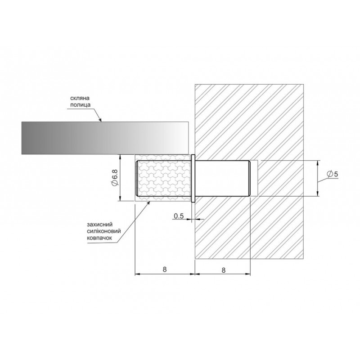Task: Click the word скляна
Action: point(80,98)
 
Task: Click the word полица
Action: point(81,105)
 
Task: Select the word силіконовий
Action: point(104,231)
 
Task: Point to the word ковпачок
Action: point(99,238)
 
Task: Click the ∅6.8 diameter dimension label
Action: point(114,177)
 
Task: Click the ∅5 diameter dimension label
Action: point(332,174)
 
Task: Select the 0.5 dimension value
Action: point(179,216)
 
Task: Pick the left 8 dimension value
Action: point(165,269)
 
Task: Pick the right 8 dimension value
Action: point(224,270)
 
